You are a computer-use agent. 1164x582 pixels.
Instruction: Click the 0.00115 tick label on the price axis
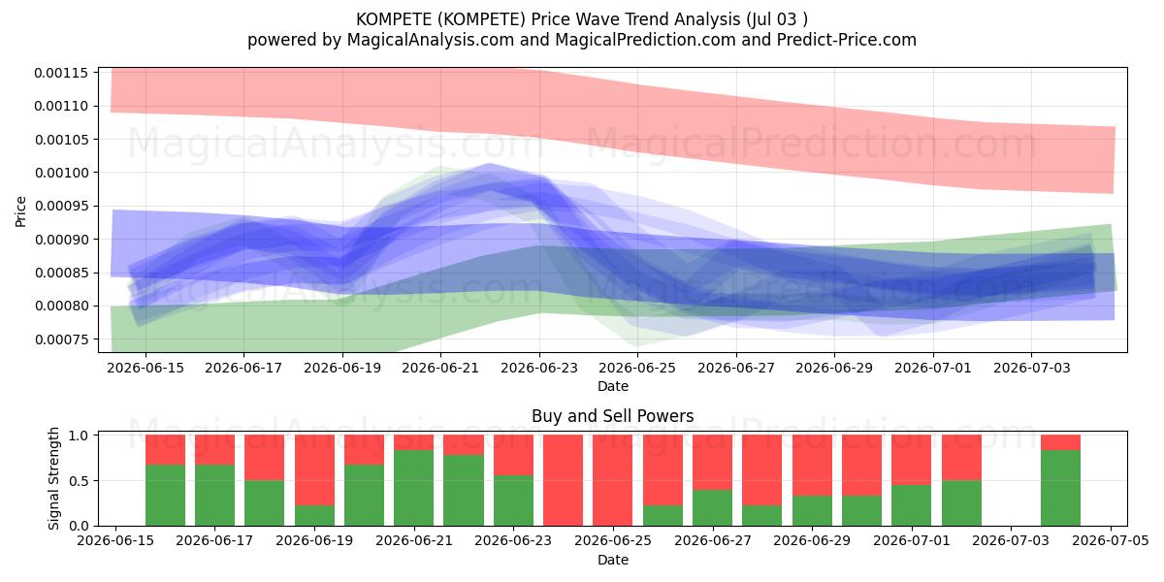[x=61, y=73]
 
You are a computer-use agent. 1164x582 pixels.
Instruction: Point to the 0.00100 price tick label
[x=61, y=173]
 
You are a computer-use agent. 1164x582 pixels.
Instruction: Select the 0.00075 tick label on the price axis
[x=61, y=339]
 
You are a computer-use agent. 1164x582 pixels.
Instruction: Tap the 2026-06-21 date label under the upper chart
[x=440, y=368]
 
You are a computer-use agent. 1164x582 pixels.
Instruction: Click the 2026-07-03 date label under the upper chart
[x=1032, y=368]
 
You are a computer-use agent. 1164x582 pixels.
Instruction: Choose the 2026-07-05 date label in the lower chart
[x=1111, y=540]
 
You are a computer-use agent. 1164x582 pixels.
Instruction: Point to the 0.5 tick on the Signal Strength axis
[x=80, y=481]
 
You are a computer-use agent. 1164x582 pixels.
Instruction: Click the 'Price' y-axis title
[x=20, y=211]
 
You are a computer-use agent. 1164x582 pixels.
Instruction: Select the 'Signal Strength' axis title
[x=53, y=478]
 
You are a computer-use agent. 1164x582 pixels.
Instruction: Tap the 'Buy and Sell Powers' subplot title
[x=613, y=416]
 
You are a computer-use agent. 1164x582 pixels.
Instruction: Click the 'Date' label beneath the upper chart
[x=613, y=386]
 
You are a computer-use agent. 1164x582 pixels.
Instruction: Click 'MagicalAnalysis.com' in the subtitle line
[x=431, y=40]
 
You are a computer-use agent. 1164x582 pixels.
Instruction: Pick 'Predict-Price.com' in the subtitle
[x=847, y=40]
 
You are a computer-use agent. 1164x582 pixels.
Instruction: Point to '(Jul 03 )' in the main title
[x=777, y=19]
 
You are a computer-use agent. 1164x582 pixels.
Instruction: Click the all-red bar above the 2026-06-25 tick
[x=613, y=480]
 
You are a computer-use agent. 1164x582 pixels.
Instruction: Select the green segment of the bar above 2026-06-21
[x=413, y=488]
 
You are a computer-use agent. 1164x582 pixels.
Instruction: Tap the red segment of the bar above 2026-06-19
[x=314, y=470]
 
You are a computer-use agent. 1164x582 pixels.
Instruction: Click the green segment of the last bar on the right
[x=1060, y=488]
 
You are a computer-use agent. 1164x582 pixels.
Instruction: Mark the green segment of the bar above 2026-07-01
[x=912, y=505]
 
